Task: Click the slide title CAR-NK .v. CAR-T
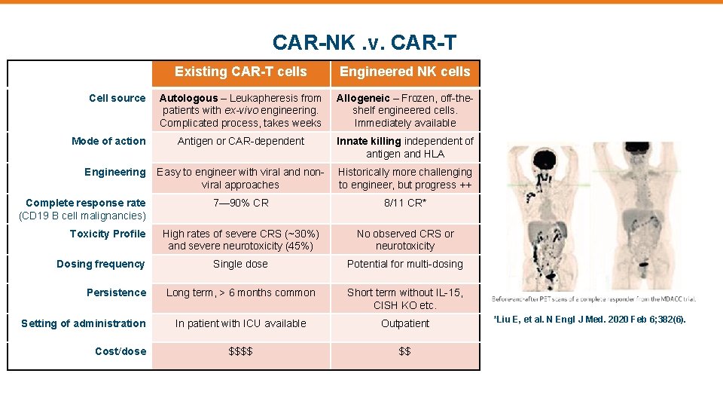pos(364,42)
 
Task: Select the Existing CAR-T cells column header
pos(241,72)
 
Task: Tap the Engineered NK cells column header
pos(405,72)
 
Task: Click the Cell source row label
pos(117,98)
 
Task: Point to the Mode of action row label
pos(108,141)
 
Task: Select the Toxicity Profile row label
pos(108,234)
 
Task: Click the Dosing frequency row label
pos(100,264)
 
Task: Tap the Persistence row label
pos(116,292)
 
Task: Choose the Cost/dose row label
pos(120,351)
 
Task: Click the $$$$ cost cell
pos(240,351)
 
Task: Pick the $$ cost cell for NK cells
pos(405,351)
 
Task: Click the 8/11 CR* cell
pos(405,203)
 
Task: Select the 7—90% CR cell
pos(240,203)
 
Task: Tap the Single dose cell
pos(240,264)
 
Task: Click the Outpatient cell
pos(405,323)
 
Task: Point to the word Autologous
pos(187,98)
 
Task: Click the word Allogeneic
pos(363,98)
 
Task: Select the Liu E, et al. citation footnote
pos(589,320)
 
